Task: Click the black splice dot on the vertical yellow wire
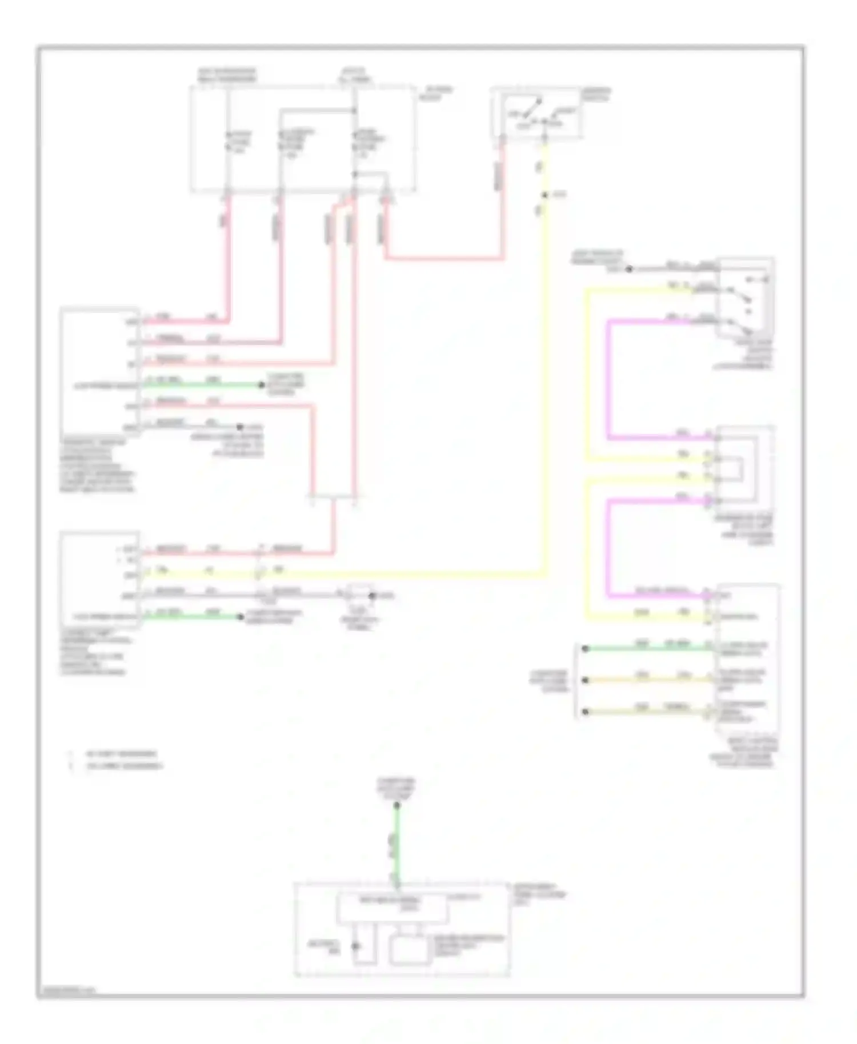(544, 195)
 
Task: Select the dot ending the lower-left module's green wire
(241, 617)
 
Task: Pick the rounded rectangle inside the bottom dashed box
(410, 951)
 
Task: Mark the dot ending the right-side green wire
(584, 649)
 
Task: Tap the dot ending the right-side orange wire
(584, 680)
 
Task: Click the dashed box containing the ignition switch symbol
(536, 113)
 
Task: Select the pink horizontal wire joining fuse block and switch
(444, 259)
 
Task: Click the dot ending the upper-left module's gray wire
(241, 427)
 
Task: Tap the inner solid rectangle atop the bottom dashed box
(393, 907)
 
